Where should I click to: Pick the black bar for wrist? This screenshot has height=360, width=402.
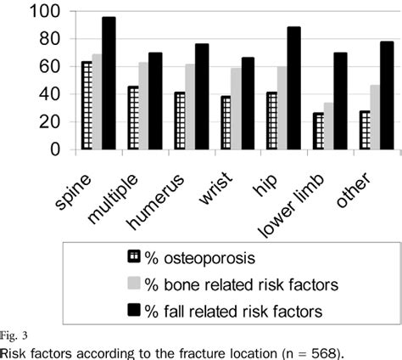point(248,103)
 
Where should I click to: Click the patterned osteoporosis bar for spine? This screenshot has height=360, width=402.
point(87,105)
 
